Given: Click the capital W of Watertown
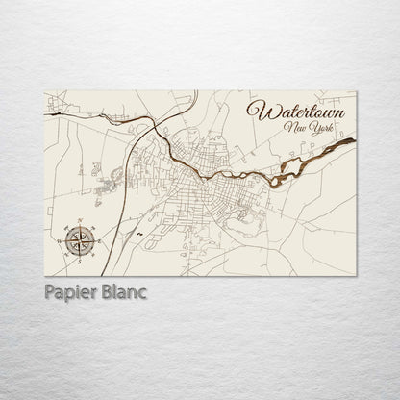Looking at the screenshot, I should pos(255,109).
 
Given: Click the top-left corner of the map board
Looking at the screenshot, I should pos(45,92).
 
